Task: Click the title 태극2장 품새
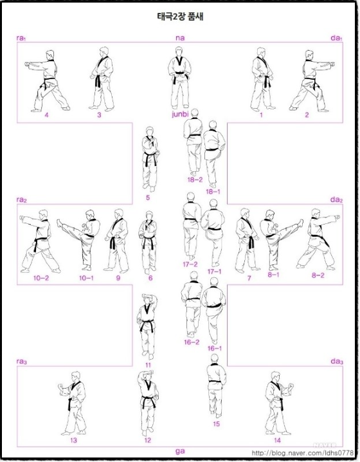point(180,16)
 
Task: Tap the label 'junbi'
point(180,114)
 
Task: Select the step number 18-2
point(195,180)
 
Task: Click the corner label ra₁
point(21,38)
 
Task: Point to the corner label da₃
point(337,361)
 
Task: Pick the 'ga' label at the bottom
point(180,451)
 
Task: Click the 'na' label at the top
point(180,38)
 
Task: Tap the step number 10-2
point(41,278)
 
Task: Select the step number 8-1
point(273,275)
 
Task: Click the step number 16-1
point(215,348)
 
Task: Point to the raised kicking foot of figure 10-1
point(60,223)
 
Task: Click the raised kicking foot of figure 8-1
point(300,223)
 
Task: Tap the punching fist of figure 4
point(27,64)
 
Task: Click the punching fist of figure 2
point(332,64)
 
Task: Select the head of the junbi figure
point(178,53)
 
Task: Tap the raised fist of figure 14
point(291,386)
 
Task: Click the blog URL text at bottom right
point(303,452)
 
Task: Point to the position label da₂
point(337,199)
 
